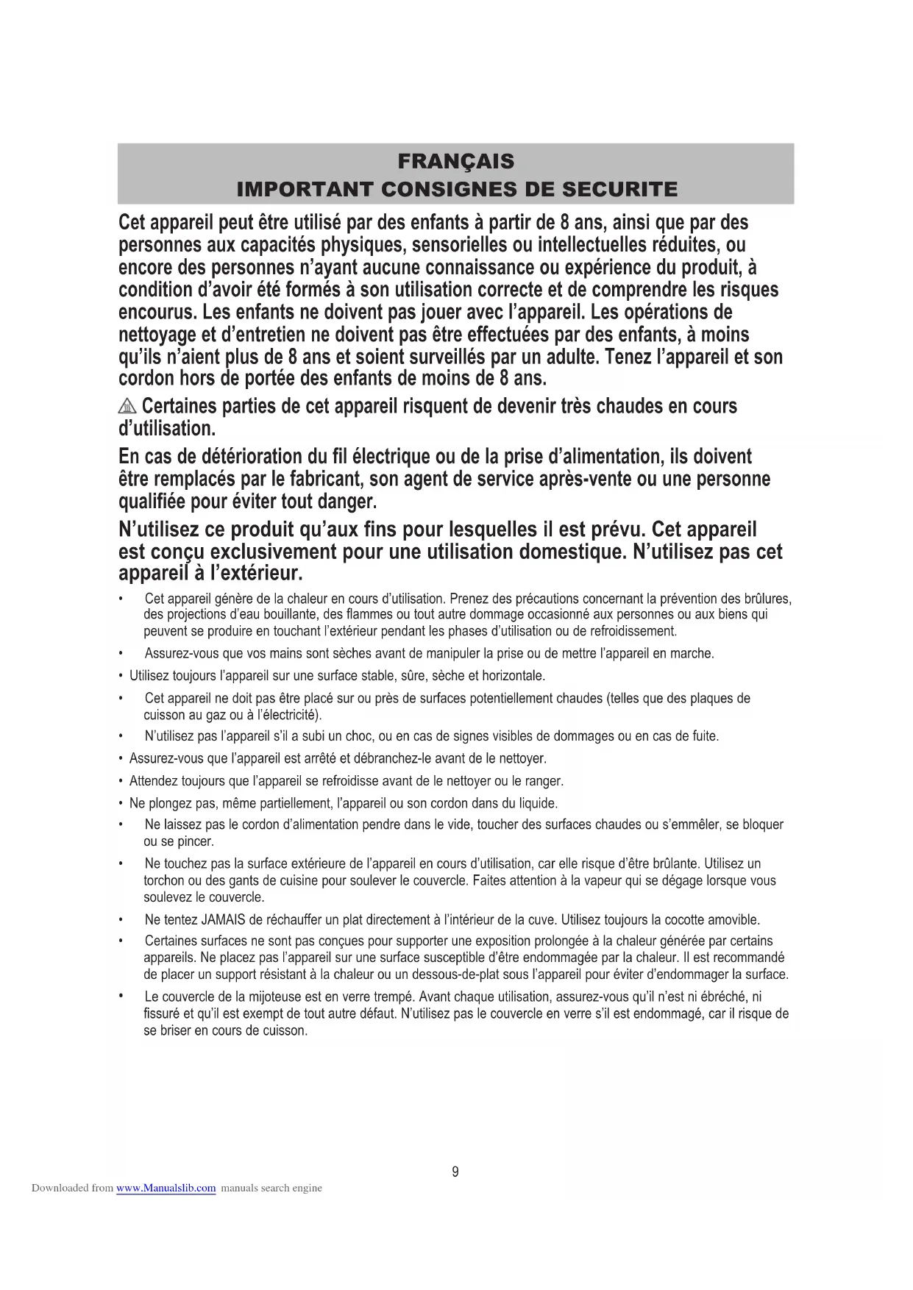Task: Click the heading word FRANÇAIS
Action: [455, 161]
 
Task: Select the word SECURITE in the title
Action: [619, 189]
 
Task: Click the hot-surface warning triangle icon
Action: [127, 406]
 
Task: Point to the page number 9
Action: [455, 1172]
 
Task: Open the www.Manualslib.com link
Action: [166, 1188]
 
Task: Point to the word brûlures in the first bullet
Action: [765, 599]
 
